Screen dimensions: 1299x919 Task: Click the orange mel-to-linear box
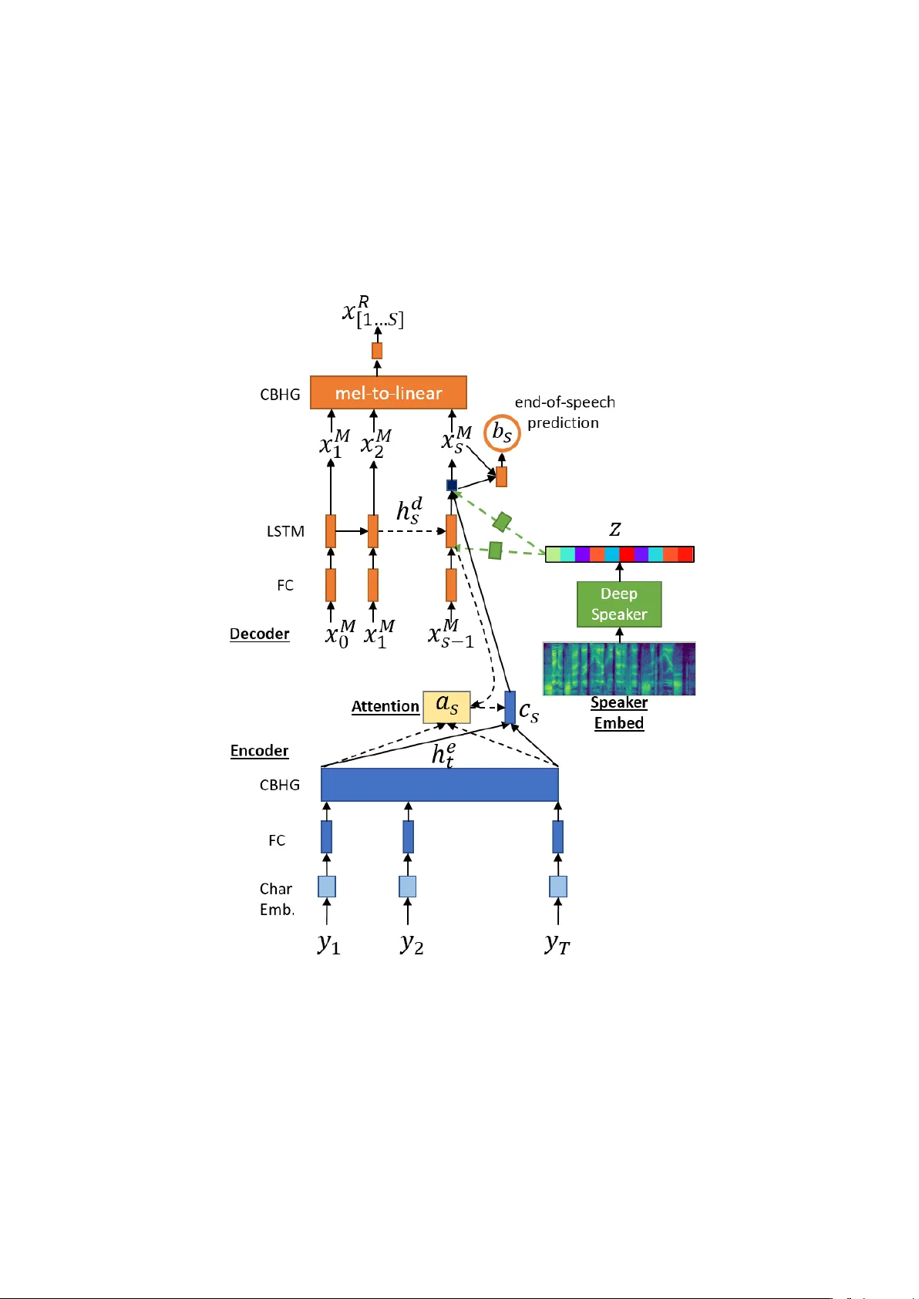point(388,392)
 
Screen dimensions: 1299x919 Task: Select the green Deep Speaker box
point(618,604)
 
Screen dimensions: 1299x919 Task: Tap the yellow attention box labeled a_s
point(446,706)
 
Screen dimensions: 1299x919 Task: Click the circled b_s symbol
point(502,432)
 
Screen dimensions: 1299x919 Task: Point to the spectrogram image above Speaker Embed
point(618,668)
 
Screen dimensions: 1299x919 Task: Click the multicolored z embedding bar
point(619,554)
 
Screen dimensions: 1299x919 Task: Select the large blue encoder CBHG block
point(439,784)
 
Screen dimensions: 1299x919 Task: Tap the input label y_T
point(557,944)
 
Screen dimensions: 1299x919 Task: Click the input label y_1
point(328,944)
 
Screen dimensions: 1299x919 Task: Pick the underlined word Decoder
point(259,634)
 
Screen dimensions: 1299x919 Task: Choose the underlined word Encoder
point(259,751)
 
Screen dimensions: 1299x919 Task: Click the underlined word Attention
point(385,706)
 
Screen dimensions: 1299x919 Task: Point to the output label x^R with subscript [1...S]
point(372,311)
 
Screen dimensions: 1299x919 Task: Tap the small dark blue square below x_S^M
point(452,485)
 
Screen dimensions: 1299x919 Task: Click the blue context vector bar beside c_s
point(510,707)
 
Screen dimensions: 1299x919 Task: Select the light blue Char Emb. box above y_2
point(407,887)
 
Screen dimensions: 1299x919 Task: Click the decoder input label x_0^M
point(339,634)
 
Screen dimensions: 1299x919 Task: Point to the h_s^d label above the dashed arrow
point(409,511)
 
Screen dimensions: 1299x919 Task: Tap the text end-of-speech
point(564,402)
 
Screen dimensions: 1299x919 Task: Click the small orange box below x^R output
point(377,351)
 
